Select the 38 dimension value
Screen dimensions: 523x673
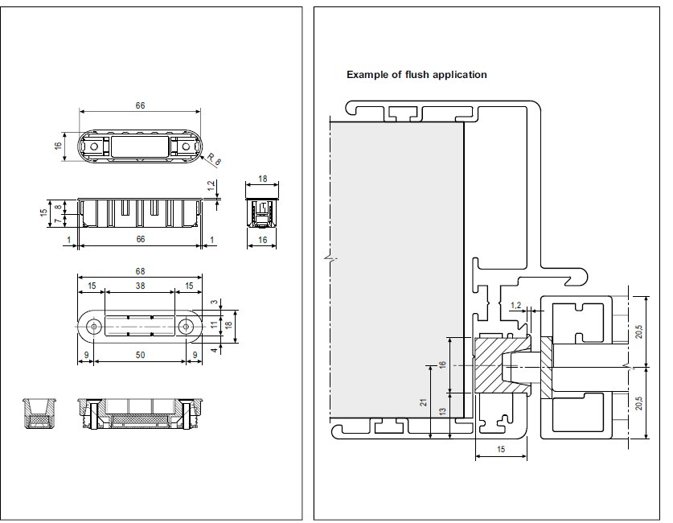point(140,286)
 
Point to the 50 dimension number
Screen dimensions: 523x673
point(140,355)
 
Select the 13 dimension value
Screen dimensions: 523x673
point(443,411)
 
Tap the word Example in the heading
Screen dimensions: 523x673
point(367,75)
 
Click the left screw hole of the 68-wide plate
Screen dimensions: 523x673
point(95,326)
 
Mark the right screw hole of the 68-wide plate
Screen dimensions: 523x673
point(186,326)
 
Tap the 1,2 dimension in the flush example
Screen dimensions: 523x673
point(516,305)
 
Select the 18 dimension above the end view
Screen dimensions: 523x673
point(263,179)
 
